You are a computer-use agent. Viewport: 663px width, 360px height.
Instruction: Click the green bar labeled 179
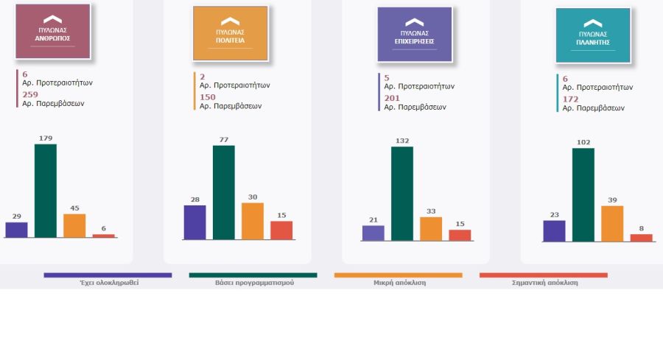coord(46,191)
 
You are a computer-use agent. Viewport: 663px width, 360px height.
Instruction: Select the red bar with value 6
coord(104,236)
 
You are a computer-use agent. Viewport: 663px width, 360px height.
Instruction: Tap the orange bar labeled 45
coord(74,225)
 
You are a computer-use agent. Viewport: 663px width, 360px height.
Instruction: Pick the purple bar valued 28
coord(194,222)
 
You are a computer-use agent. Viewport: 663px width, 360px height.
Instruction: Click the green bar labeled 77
coord(224,192)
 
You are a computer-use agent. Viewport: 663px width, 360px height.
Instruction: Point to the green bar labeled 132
coord(402,194)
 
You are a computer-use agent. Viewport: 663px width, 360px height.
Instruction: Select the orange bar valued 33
coord(431,228)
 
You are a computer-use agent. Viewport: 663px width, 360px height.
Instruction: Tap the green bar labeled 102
coord(583,194)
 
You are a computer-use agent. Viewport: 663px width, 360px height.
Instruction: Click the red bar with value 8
coord(642,237)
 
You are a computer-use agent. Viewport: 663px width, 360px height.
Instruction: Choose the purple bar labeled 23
coord(554,230)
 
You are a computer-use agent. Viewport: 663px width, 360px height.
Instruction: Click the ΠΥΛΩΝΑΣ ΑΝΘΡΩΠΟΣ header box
coord(52,32)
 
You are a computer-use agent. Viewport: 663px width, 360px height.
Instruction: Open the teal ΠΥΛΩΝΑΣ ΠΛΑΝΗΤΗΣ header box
coord(593,35)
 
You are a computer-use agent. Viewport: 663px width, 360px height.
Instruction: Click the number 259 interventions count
coord(29,94)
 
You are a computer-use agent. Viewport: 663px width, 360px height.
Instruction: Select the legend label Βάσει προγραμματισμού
coord(254,283)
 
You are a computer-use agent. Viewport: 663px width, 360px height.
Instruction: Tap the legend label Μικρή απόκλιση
coord(399,283)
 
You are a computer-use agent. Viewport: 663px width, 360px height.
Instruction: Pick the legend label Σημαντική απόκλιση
coord(544,283)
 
